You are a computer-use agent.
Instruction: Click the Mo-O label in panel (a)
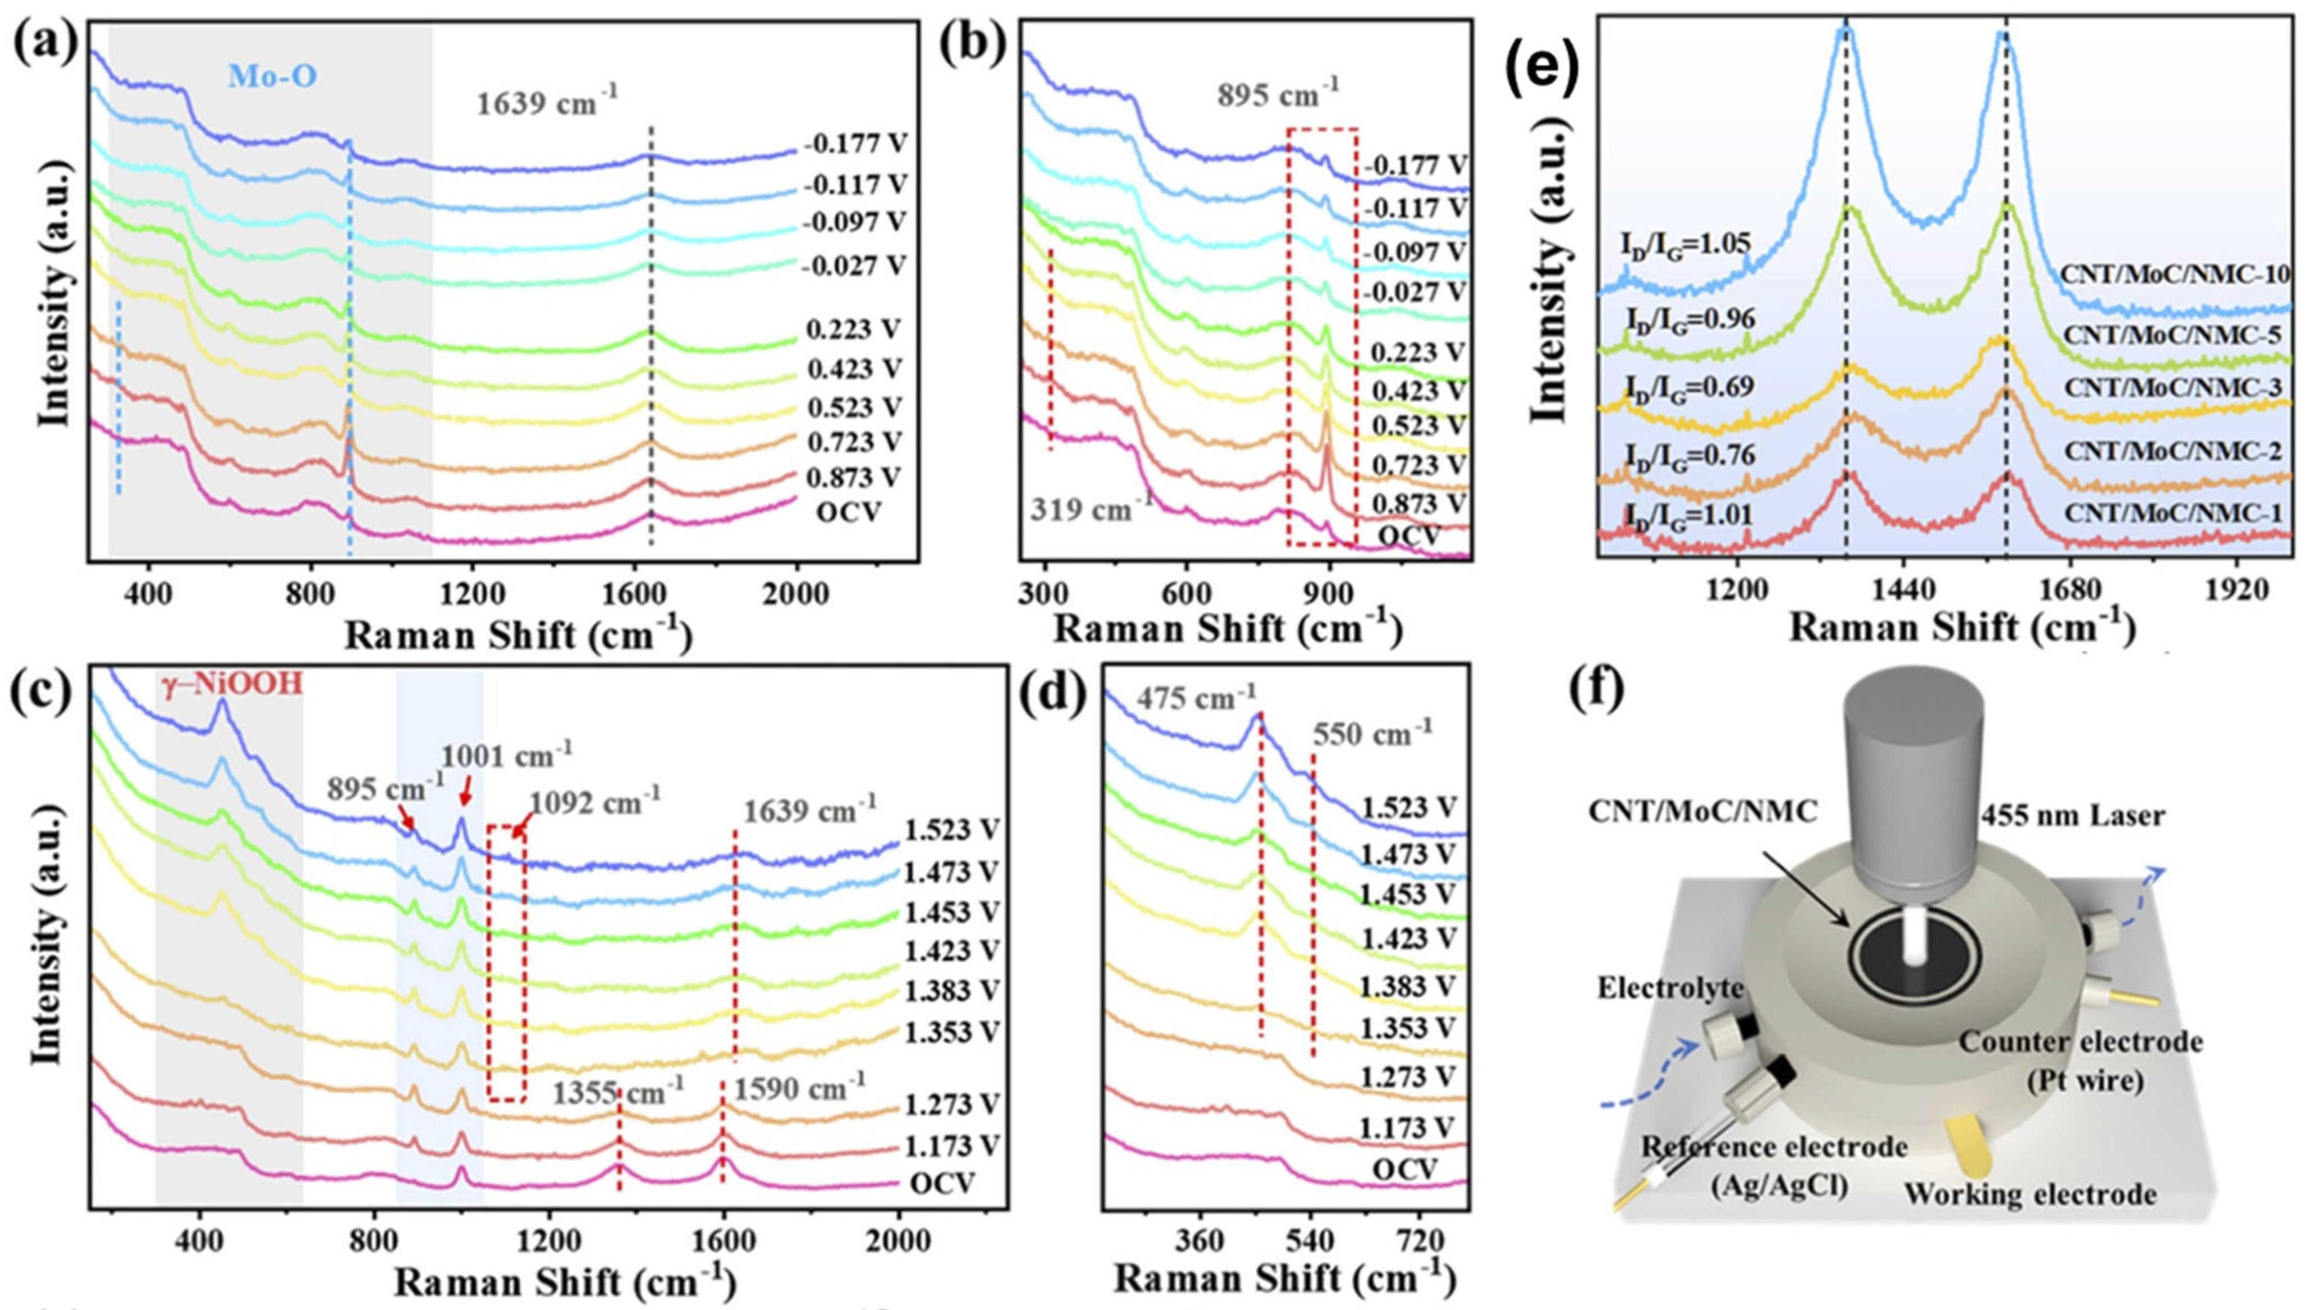[273, 76]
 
